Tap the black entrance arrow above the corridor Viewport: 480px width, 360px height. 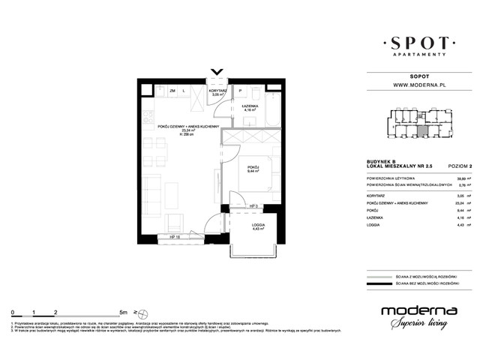coord(217,73)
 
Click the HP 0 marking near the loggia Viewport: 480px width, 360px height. coord(253,205)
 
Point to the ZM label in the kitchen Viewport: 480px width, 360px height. coord(172,90)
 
